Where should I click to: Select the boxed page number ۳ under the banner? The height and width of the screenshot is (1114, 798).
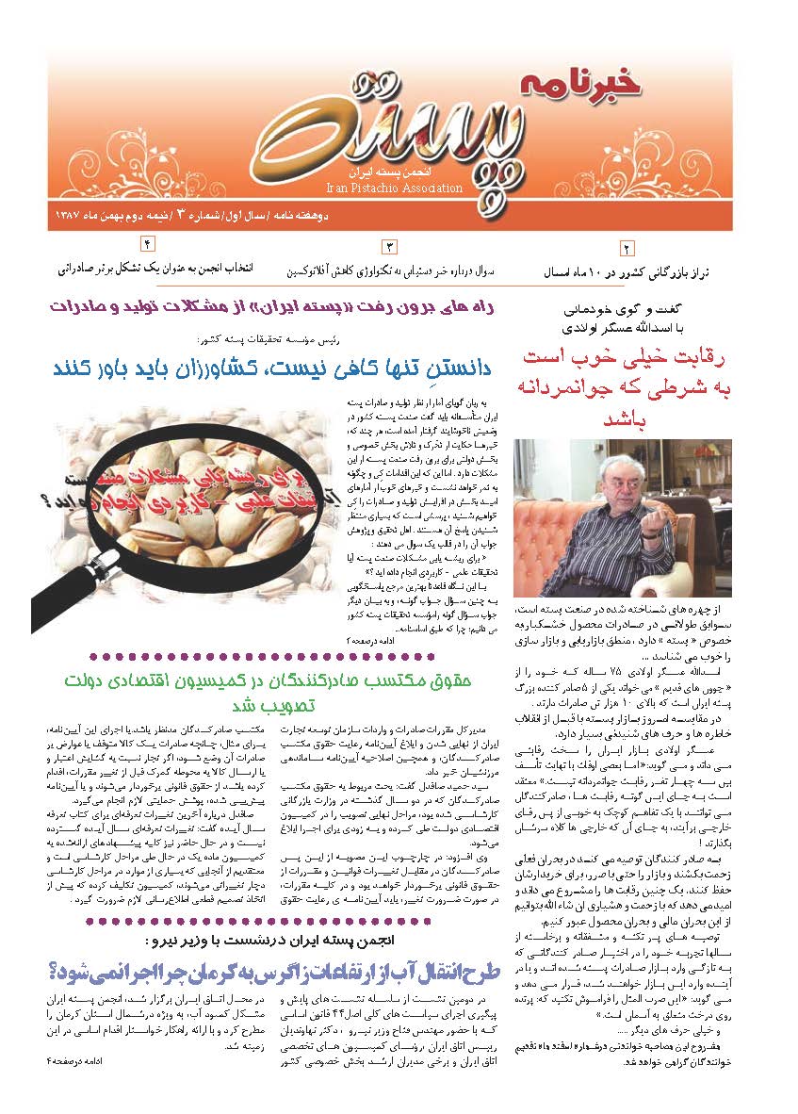(x=389, y=247)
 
